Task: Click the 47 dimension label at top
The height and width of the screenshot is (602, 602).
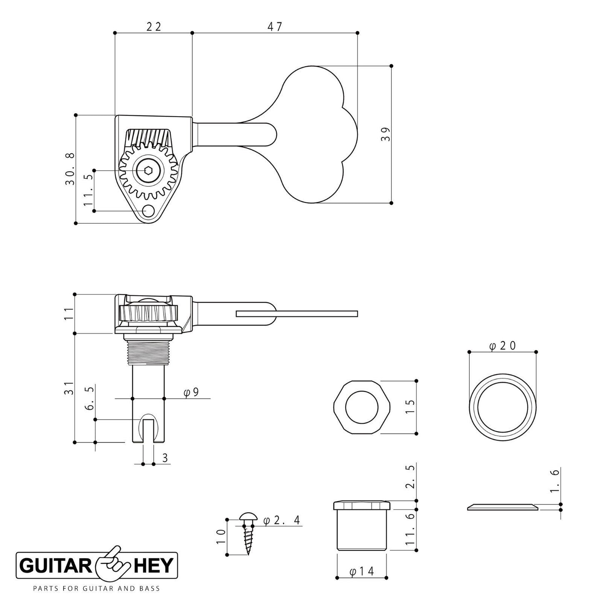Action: tap(275, 27)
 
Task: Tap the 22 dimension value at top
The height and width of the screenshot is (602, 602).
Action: tap(153, 27)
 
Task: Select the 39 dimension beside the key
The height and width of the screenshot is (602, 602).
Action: tap(386, 134)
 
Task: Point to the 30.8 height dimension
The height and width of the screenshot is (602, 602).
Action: tap(70, 169)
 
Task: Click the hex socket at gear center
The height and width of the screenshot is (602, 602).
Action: tap(147, 170)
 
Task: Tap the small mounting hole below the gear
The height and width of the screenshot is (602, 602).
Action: tap(148, 212)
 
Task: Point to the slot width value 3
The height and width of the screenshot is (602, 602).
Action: tap(165, 458)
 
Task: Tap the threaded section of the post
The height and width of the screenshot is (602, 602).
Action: tap(148, 351)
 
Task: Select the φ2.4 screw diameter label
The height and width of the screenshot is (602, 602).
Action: tap(282, 520)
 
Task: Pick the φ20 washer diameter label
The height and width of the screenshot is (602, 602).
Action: tap(502, 346)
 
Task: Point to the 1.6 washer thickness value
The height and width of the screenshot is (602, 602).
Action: tap(555, 481)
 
